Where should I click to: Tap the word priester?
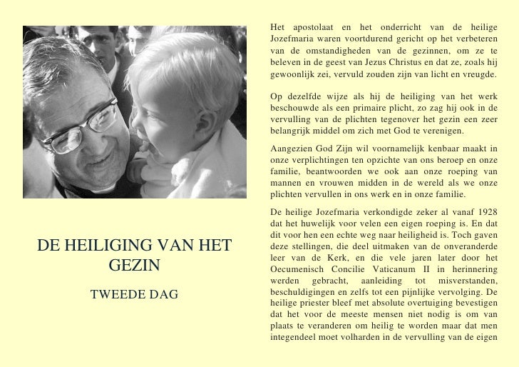click(x=323, y=303)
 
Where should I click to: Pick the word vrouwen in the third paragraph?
click(x=318, y=183)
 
